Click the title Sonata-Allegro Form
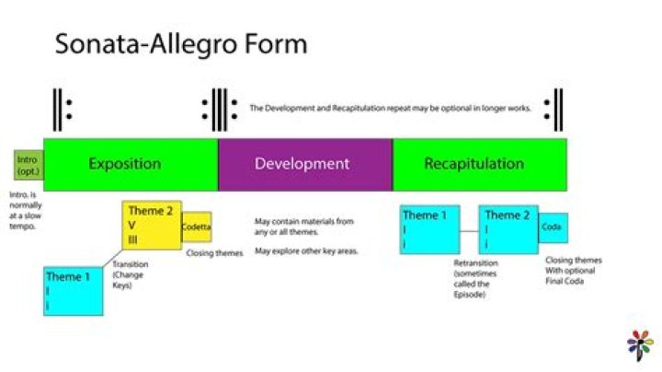[180, 44]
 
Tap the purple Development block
[304, 165]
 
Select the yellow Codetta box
[196, 227]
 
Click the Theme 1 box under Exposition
[73, 290]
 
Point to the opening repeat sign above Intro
[61, 109]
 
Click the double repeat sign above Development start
[219, 109]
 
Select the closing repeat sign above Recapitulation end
[553, 109]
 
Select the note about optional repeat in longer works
[390, 108]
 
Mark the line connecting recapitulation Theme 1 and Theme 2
[469, 232]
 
